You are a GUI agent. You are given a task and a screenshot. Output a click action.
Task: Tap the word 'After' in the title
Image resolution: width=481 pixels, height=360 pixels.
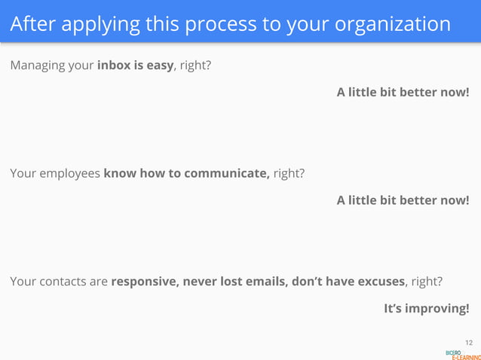click(33, 24)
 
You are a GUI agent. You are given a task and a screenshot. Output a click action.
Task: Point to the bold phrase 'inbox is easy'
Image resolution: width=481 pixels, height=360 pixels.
click(136, 65)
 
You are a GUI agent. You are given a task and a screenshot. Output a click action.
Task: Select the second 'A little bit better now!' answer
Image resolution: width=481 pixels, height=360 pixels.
click(403, 200)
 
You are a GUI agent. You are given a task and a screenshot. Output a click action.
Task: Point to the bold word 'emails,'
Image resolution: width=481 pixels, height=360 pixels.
click(265, 282)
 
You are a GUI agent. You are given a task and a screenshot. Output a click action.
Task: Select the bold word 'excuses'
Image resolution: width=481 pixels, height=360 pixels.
click(380, 282)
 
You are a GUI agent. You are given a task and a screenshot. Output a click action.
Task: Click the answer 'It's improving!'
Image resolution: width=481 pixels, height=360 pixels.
click(426, 309)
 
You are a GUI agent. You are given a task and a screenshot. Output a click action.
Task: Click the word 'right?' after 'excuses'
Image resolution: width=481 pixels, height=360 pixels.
click(426, 282)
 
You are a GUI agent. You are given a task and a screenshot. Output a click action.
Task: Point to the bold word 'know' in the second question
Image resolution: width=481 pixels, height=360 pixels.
click(118, 173)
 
